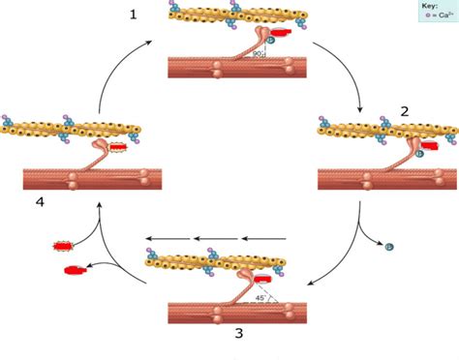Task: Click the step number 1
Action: pyautogui.click(x=133, y=15)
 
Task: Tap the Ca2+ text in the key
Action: pyautogui.click(x=440, y=16)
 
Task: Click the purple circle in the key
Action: pyautogui.click(x=420, y=16)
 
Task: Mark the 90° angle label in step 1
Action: pyautogui.click(x=258, y=55)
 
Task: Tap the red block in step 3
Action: pyautogui.click(x=263, y=281)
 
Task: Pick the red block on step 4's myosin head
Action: pyautogui.click(x=117, y=148)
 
